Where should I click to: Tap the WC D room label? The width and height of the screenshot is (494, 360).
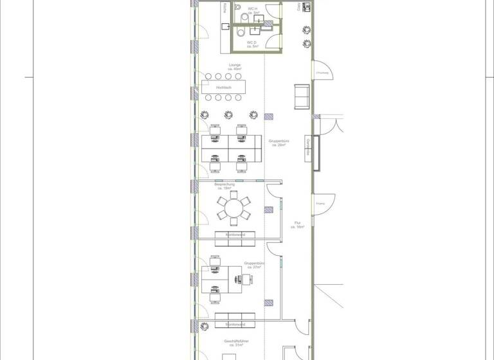(x=252, y=44)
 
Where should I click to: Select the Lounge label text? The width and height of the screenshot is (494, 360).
(x=234, y=67)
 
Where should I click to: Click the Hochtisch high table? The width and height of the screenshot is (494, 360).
(x=224, y=87)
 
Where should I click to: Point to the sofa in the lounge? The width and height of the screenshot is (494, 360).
(x=301, y=96)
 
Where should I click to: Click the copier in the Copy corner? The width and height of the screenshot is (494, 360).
(x=306, y=6)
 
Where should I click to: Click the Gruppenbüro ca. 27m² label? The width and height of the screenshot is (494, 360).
(x=255, y=265)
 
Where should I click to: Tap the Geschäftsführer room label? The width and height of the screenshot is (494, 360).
(x=236, y=343)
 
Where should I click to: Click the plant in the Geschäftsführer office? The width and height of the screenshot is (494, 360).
(x=205, y=326)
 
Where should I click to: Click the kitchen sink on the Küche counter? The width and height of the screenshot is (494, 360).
(x=226, y=26)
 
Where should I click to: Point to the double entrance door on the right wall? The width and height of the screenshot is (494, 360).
(x=327, y=126)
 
